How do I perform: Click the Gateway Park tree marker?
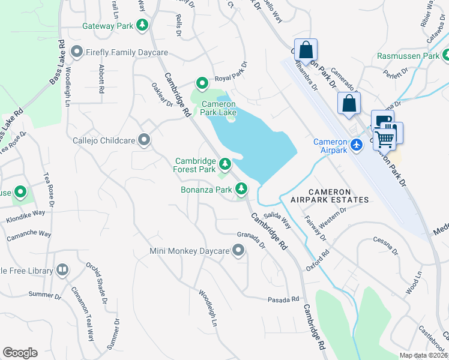(142, 25)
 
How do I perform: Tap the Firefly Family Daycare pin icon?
(76, 52)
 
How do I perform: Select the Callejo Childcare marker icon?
(144, 140)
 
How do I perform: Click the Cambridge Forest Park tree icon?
(225, 163)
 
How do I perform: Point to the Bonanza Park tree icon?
(241, 190)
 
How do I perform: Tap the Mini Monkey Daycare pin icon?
(239, 250)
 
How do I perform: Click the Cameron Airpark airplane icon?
(357, 145)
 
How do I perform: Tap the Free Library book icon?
(62, 271)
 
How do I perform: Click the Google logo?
(20, 353)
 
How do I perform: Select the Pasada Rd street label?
(284, 299)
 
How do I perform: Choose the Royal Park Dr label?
(231, 72)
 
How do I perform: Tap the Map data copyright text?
(423, 355)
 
